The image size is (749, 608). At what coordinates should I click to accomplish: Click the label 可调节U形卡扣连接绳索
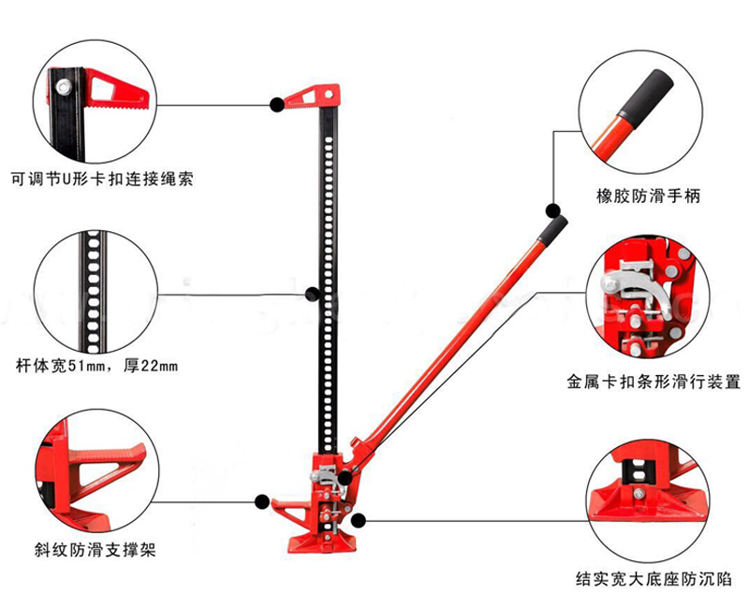(x=103, y=176)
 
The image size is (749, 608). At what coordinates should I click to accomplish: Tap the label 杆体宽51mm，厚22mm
(x=96, y=365)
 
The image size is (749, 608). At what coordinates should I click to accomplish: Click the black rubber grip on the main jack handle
(x=555, y=227)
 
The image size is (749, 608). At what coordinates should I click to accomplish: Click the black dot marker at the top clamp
(x=277, y=105)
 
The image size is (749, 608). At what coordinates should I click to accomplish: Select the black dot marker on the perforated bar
(x=313, y=294)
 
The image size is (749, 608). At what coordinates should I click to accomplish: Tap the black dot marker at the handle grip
(x=553, y=210)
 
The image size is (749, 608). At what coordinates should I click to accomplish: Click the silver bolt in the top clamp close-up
(x=63, y=89)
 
